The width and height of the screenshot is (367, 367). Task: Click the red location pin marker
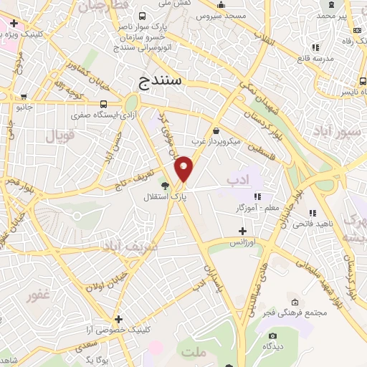point(184,168)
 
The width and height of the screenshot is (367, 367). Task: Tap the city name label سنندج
point(162,80)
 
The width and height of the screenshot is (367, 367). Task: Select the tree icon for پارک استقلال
point(165,185)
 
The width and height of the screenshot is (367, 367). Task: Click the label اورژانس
point(242,244)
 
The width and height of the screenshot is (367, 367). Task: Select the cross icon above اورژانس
point(242,231)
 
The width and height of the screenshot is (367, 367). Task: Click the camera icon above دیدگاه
point(272,335)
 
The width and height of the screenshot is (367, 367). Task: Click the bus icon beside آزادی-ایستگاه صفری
point(104,103)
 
